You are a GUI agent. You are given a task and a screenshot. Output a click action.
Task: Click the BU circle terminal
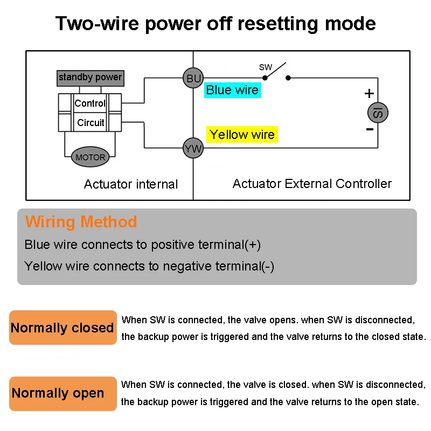[193, 79]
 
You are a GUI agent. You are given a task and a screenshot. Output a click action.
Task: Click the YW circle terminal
[193, 148]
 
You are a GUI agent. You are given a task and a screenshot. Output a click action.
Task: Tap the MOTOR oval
[90, 157]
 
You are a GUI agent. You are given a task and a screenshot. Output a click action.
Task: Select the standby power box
[90, 78]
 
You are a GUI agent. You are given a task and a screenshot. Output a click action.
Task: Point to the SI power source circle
[378, 113]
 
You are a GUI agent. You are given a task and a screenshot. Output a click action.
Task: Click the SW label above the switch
[266, 67]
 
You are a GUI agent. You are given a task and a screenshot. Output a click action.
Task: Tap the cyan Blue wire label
[233, 91]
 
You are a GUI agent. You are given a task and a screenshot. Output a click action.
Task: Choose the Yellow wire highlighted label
[242, 135]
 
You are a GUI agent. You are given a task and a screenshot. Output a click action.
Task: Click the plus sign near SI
[369, 94]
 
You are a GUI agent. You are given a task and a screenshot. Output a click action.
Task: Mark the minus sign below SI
[370, 130]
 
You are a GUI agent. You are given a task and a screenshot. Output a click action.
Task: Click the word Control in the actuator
[90, 103]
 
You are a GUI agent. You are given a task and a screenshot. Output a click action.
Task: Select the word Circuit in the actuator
[91, 123]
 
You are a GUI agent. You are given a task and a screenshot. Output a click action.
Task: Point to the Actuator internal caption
[131, 184]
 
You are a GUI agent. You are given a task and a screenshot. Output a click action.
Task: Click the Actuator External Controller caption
[312, 184]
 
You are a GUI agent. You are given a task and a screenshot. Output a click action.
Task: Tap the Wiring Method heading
[81, 222]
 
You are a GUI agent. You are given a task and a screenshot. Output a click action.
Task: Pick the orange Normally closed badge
[62, 328]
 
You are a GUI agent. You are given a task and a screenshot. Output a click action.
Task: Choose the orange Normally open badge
[62, 393]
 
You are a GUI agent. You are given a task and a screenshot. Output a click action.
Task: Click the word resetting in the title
[283, 24]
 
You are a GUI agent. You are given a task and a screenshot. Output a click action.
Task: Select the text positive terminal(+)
[206, 245]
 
